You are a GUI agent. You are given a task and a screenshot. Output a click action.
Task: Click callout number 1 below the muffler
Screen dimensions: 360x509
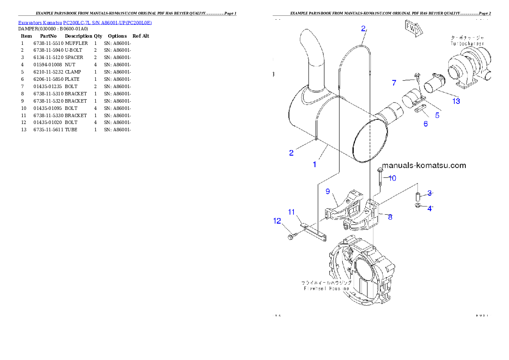(x=314, y=164)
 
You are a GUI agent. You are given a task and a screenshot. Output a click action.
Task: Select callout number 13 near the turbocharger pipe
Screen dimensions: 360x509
(x=456, y=101)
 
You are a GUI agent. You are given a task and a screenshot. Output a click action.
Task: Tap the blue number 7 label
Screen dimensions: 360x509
(x=394, y=83)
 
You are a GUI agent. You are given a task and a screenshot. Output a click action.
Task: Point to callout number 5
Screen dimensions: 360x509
(x=437, y=115)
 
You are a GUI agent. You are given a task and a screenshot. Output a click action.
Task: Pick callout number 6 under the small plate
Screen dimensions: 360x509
(x=426, y=124)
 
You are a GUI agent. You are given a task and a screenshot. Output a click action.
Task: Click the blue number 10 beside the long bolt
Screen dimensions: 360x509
(x=392, y=178)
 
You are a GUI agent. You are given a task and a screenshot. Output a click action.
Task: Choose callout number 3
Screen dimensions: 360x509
(x=429, y=193)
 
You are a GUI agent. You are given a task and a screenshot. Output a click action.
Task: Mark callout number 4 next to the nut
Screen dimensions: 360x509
(x=429, y=209)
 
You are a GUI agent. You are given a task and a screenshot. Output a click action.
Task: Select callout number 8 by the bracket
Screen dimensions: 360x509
(x=390, y=217)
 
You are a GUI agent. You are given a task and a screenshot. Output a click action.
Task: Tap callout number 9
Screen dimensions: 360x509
(x=328, y=191)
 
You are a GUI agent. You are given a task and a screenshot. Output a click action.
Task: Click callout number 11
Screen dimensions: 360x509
(x=291, y=212)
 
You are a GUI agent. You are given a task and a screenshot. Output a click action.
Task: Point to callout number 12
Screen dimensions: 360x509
(x=277, y=221)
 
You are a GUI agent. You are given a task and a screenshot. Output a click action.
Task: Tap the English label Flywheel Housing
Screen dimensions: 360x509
(x=326, y=289)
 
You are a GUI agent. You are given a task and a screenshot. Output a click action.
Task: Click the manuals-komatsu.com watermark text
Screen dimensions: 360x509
(x=423, y=165)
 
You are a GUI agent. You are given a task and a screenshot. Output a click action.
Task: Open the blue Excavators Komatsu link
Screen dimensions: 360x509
(x=85, y=22)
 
